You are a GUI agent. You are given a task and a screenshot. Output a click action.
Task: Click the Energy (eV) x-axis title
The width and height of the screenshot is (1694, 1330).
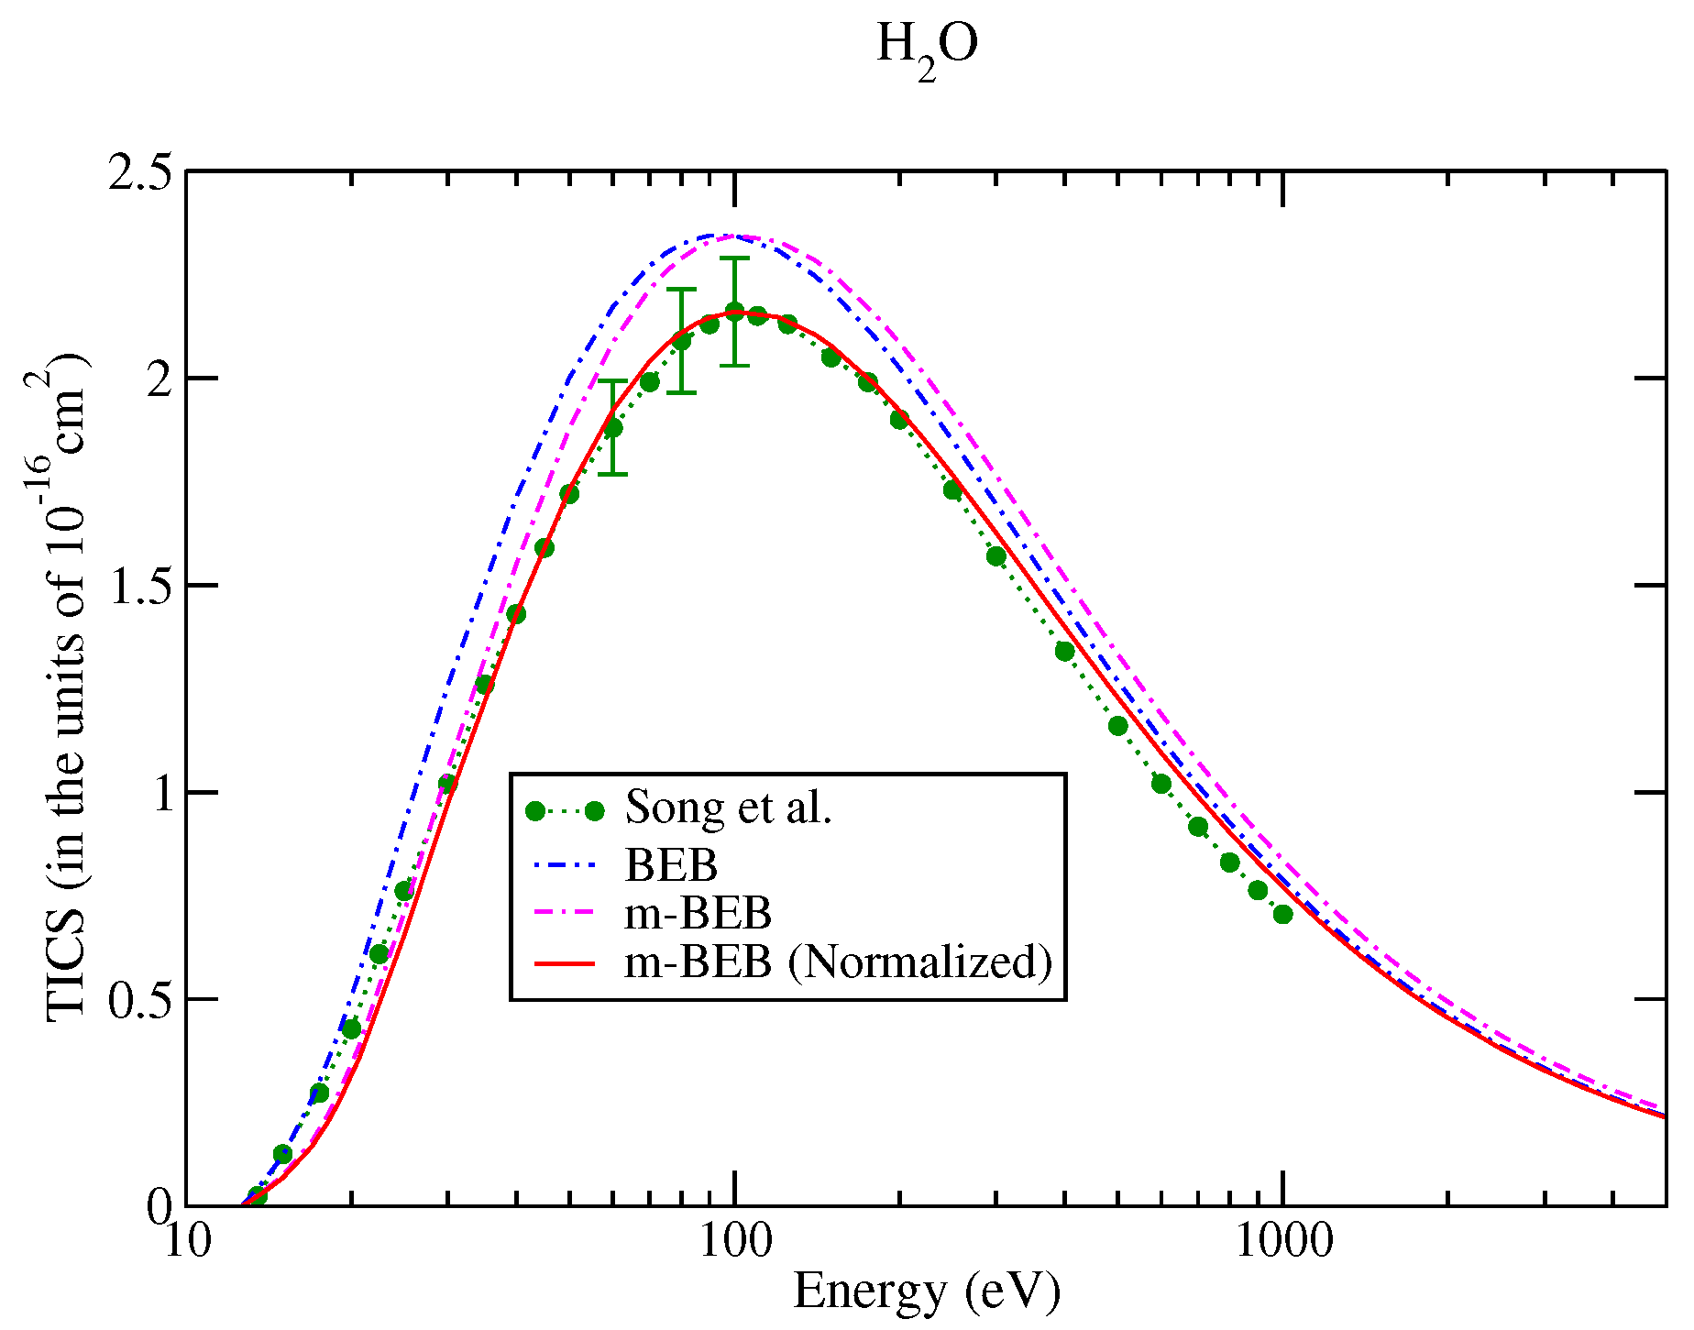point(927,1292)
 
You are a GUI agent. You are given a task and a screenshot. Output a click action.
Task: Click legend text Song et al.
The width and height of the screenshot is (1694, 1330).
point(728,808)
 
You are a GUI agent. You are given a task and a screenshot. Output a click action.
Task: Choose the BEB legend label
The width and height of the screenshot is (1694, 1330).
point(671,864)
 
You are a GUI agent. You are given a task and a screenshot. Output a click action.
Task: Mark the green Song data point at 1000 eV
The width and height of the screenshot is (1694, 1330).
point(1282,914)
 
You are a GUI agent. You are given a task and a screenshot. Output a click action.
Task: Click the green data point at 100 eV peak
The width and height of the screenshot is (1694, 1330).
point(734,311)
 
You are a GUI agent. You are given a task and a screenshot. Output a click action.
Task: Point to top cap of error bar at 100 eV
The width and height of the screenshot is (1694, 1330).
point(734,258)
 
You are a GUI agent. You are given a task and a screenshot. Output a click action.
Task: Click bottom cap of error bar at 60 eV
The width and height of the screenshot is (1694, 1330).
point(612,474)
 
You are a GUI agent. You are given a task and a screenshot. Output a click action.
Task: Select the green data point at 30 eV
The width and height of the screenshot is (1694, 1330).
point(447,783)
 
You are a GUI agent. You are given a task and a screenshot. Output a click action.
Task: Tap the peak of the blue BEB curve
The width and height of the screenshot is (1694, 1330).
point(720,236)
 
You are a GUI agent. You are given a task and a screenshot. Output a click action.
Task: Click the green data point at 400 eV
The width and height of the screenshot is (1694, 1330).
point(1064,652)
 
